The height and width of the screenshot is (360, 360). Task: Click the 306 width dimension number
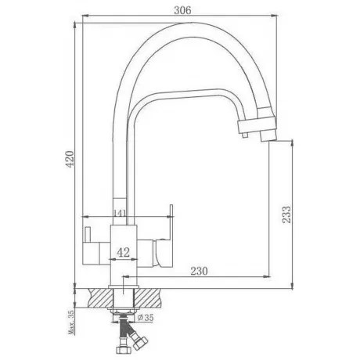pos(182,10)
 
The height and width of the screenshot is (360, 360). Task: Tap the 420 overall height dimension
pos(70,159)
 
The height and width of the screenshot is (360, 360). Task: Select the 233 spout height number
pos(286,214)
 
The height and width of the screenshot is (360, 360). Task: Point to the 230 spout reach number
pos(199,271)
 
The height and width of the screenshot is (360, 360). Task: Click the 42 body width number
pos(123,252)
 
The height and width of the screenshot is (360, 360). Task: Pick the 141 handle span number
pos(120,213)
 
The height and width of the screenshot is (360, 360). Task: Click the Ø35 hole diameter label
pos(146,318)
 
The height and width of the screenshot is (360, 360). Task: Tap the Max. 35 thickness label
pos(71,322)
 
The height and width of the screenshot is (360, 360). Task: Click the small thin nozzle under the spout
pos(244,135)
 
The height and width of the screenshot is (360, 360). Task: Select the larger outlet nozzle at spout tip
pos(268,135)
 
